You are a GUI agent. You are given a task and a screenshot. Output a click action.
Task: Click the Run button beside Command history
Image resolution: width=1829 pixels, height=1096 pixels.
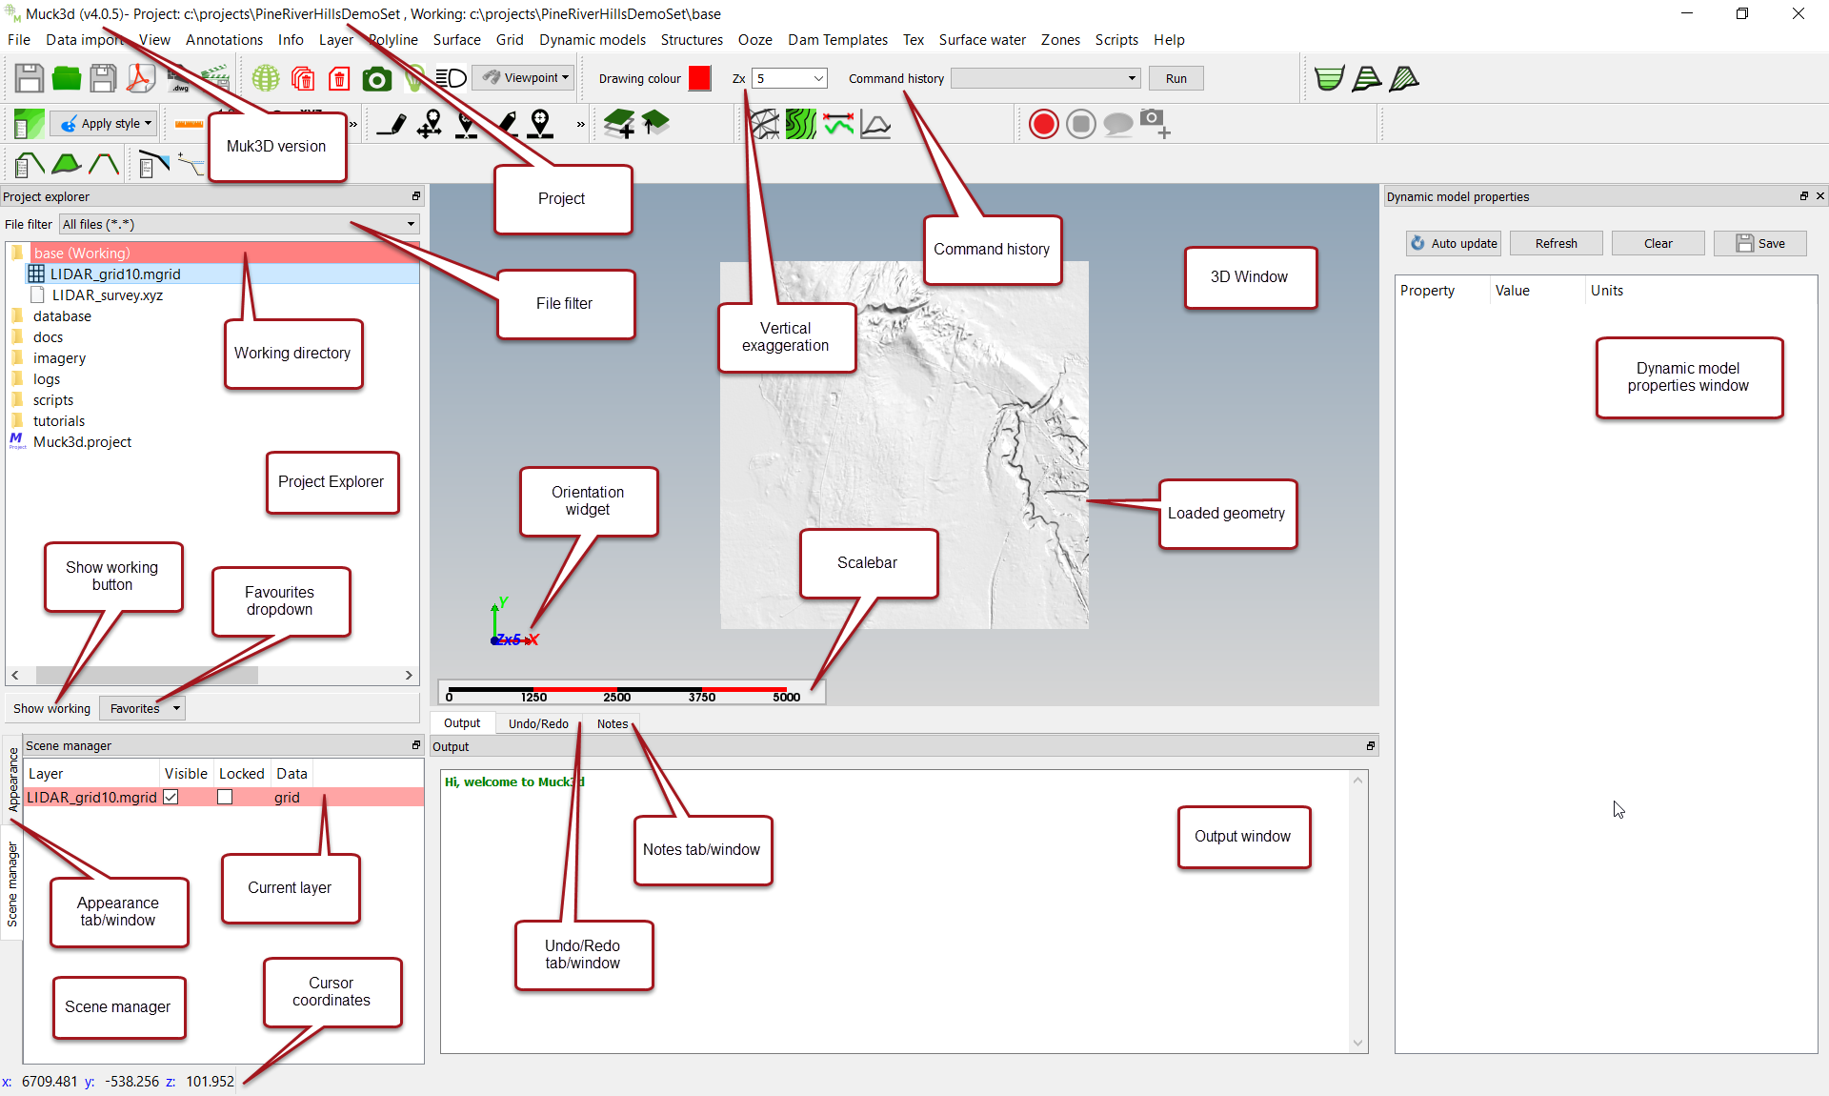coord(1176,78)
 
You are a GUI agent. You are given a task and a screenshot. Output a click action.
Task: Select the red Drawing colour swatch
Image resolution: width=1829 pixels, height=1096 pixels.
coord(699,78)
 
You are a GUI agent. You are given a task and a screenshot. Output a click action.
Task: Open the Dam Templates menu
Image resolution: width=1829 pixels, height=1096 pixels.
coord(837,39)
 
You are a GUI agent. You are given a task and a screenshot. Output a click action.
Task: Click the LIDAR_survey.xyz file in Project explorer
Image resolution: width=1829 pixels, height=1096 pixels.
coord(107,294)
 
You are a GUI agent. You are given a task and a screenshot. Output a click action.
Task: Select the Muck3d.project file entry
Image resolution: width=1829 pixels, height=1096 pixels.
coord(82,441)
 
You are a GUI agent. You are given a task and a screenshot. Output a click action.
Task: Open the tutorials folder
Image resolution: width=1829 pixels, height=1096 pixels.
coord(58,420)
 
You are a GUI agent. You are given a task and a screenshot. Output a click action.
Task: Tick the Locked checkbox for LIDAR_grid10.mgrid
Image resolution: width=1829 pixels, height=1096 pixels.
coord(225,797)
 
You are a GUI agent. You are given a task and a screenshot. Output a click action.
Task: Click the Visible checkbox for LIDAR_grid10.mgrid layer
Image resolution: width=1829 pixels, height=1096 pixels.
coord(171,797)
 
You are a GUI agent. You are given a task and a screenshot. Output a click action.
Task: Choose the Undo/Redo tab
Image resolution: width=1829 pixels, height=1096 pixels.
coord(538,723)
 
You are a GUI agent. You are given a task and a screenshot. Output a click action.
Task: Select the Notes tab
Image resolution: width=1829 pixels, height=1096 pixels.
coord(613,723)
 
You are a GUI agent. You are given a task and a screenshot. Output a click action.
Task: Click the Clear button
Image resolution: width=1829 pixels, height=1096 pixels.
coord(1658,243)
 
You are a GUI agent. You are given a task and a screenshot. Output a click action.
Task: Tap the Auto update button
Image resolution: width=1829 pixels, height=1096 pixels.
coord(1454,243)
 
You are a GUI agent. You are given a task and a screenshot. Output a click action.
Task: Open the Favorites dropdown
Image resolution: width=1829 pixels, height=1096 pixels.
coord(142,708)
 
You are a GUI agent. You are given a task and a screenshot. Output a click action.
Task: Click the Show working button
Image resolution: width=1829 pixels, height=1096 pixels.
coord(51,708)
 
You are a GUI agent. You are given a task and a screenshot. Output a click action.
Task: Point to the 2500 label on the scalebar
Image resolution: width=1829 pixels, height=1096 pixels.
coord(617,697)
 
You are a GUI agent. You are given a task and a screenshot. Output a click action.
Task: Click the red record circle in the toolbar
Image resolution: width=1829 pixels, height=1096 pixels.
coord(1044,124)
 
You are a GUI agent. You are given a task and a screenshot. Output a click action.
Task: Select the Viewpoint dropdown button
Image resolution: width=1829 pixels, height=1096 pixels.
coord(525,77)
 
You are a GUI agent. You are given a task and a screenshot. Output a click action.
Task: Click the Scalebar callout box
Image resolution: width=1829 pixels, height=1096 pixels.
coord(868,563)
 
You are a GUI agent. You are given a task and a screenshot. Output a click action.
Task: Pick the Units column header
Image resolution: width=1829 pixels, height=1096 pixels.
coord(1606,291)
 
